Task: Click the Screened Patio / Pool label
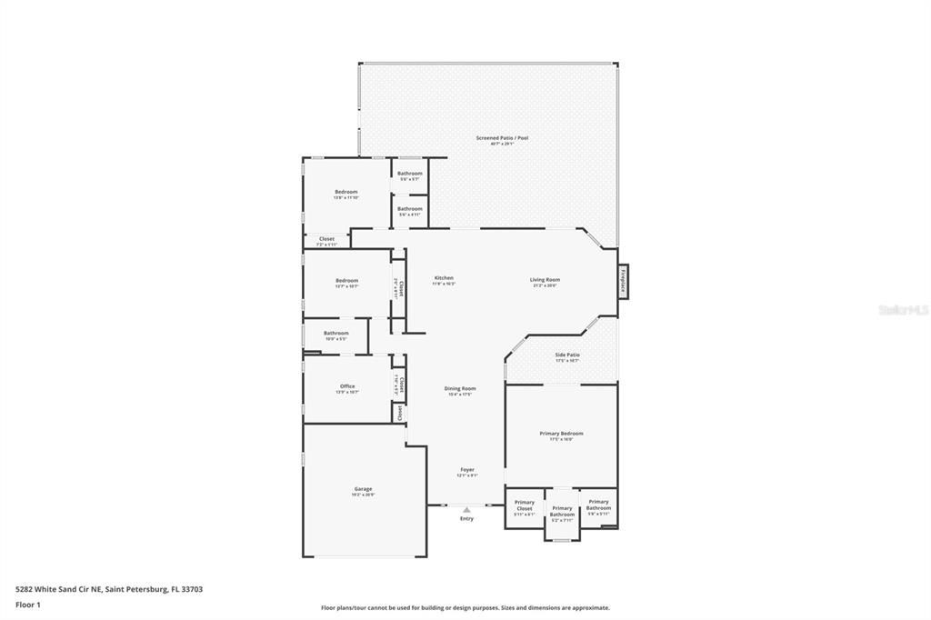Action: [502, 138]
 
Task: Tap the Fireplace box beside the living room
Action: [624, 280]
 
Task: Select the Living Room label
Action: [546, 280]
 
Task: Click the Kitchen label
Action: [444, 278]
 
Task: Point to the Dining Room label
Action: [460, 388]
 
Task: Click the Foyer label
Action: [466, 470]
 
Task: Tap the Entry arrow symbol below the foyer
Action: [466, 510]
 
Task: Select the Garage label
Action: [363, 489]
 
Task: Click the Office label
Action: [347, 386]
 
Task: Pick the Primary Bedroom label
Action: [561, 434]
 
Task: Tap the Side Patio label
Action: [567, 355]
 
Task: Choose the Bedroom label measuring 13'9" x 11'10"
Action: [346, 192]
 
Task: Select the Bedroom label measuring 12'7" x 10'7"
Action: [346, 281]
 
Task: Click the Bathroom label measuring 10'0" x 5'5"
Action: [336, 333]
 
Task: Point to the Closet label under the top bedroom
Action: [326, 239]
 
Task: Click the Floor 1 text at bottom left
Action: [28, 605]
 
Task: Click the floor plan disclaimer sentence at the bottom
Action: [465, 608]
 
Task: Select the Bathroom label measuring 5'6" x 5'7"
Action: [410, 174]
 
